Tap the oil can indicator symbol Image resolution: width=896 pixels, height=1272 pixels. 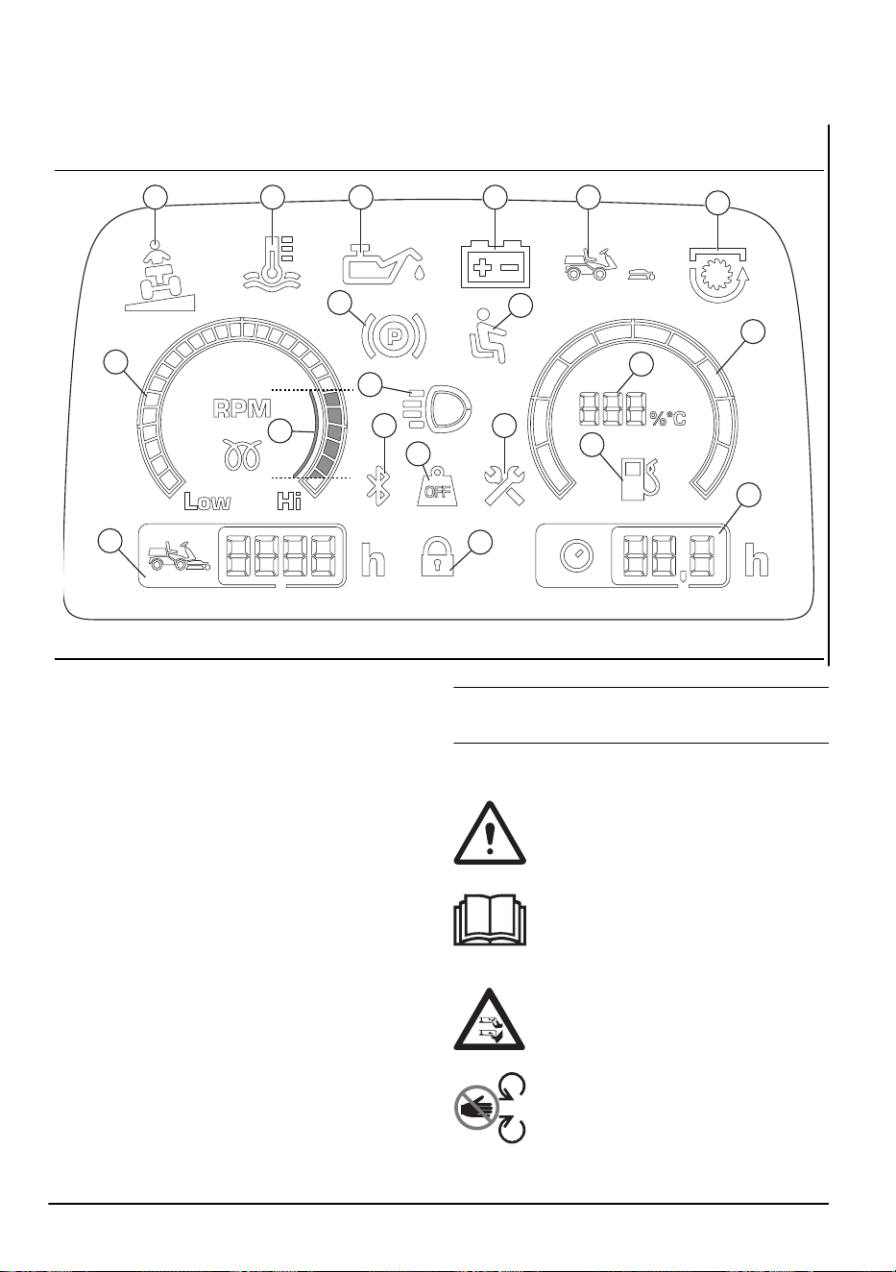coord(383,264)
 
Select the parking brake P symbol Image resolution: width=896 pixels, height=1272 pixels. coord(393,335)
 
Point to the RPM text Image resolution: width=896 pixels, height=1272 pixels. coord(242,409)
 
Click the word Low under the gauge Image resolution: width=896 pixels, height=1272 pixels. coord(207,501)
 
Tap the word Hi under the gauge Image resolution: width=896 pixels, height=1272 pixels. coord(289,501)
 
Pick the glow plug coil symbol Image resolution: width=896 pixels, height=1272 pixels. coord(242,454)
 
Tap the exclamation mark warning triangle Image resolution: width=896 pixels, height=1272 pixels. coord(490,834)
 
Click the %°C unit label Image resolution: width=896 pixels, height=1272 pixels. coord(667,419)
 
